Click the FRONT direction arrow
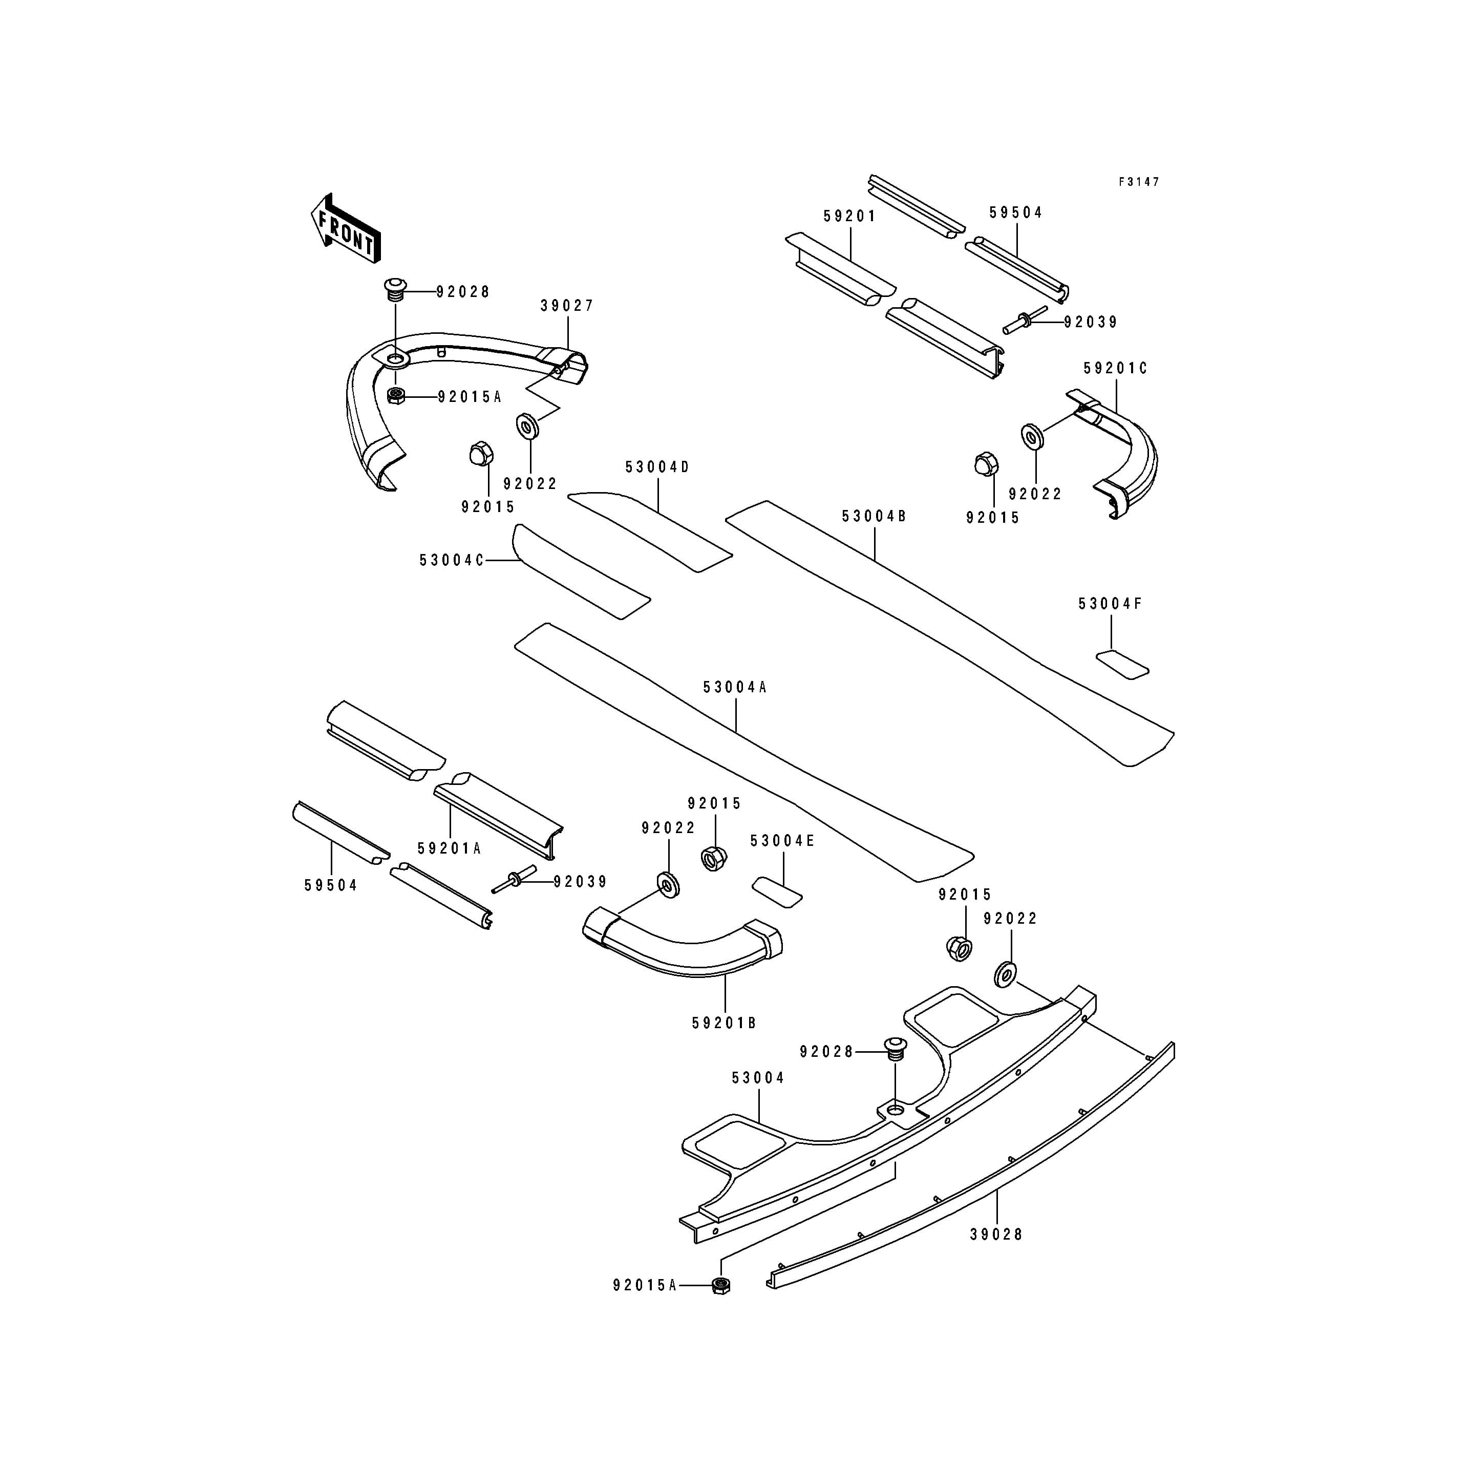tap(346, 228)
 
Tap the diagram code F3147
tap(1138, 182)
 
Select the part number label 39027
tap(567, 306)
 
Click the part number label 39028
tap(996, 1235)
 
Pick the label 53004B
tap(874, 517)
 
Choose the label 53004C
tap(451, 561)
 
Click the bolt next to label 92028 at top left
tap(394, 289)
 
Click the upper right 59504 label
tap(1016, 214)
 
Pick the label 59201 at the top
tap(849, 217)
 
